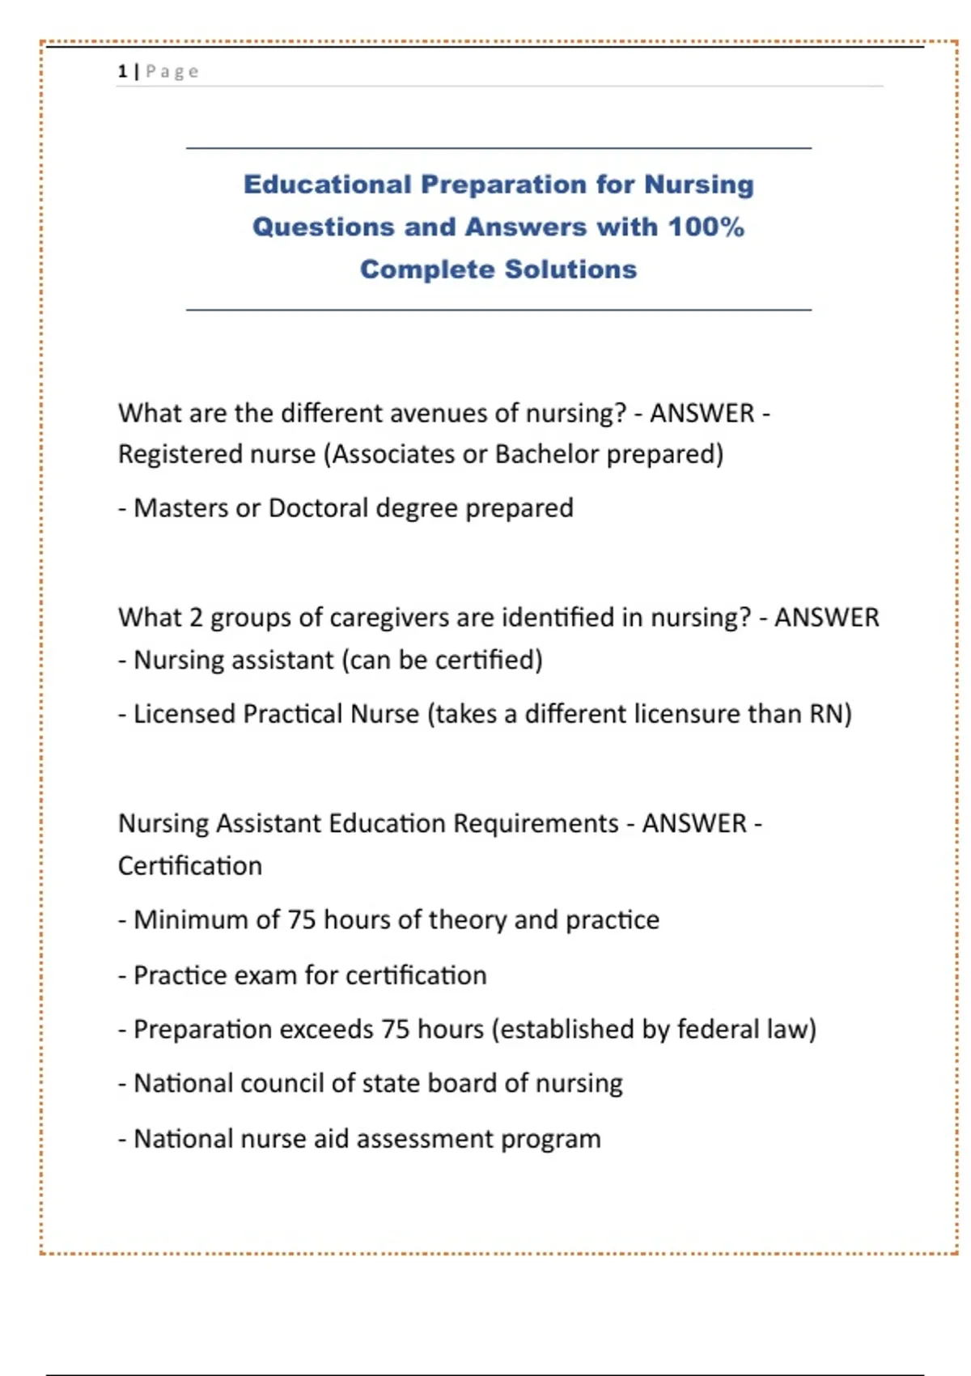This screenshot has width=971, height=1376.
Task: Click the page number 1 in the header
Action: pos(122,71)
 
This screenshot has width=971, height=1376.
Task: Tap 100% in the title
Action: pos(706,227)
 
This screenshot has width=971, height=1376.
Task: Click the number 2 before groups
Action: pos(196,618)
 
